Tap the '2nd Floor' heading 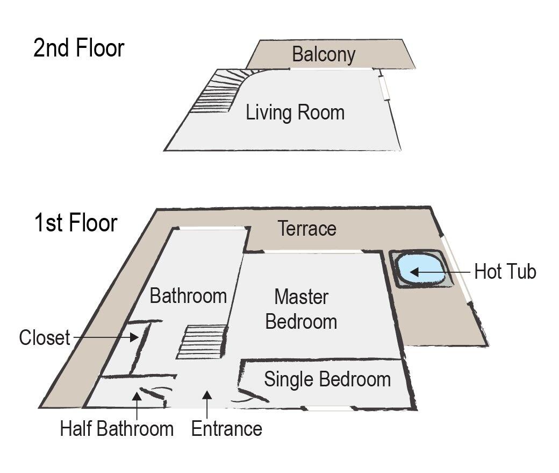tap(78, 48)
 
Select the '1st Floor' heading tap(75, 222)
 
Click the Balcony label tap(324, 54)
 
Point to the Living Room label tap(295, 113)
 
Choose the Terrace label tap(307, 229)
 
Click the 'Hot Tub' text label tap(505, 272)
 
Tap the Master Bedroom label tap(301, 309)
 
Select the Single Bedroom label tap(327, 379)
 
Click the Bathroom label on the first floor tap(188, 295)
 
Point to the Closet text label tap(45, 338)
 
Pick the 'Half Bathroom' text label tap(117, 429)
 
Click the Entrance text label tap(226, 429)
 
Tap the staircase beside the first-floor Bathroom tap(202, 342)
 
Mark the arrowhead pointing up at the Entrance tap(207, 396)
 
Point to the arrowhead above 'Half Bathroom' tap(137, 397)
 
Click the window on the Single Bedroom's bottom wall tap(328, 408)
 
